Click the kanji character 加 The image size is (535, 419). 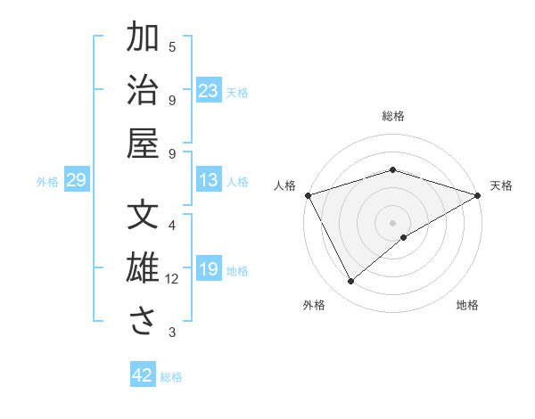click(x=143, y=39)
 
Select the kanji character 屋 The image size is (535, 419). click(x=143, y=144)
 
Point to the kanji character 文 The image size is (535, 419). click(x=143, y=217)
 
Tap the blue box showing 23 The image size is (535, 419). click(x=209, y=91)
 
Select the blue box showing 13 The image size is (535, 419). click(x=209, y=181)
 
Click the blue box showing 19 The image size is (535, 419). click(x=209, y=270)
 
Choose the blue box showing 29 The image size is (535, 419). click(x=76, y=181)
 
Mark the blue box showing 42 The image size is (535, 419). click(x=143, y=375)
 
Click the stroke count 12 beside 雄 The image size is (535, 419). click(x=172, y=279)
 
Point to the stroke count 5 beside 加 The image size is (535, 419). click(x=172, y=46)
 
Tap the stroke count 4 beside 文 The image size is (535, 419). click(x=172, y=226)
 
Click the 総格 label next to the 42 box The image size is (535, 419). click(x=171, y=377)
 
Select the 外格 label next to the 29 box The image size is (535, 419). click(x=47, y=182)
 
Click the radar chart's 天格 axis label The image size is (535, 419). click(x=501, y=185)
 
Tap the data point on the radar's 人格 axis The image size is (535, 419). click(x=308, y=195)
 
